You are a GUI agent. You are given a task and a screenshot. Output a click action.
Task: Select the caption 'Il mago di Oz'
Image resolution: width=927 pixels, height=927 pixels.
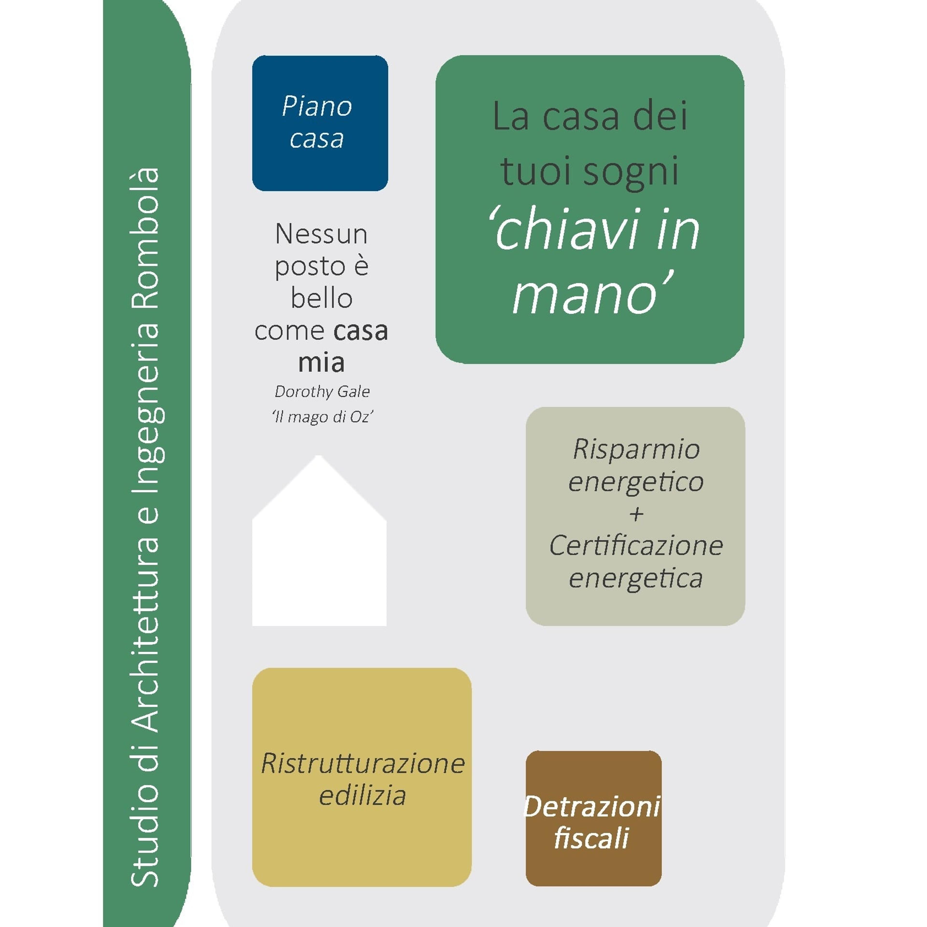point(322,416)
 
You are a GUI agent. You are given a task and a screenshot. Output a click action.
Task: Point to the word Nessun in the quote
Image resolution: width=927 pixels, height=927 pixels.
point(322,234)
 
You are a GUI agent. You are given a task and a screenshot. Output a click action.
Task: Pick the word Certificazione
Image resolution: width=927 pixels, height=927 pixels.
point(636,546)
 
